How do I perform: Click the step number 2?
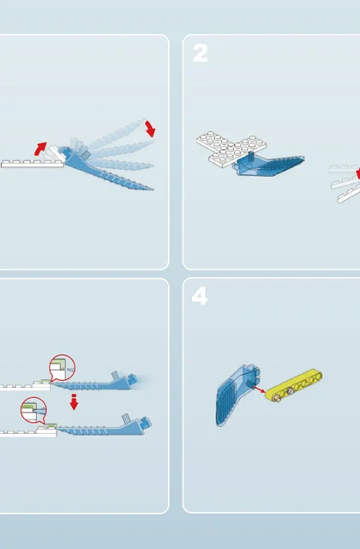200,53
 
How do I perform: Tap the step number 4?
200,296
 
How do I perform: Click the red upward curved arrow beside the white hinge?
40,148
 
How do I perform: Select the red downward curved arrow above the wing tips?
150,129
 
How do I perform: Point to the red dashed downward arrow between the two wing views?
74,401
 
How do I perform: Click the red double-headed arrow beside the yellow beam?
259,389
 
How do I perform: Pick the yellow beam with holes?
294,385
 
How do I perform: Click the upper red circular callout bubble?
62,368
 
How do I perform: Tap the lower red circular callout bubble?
33,410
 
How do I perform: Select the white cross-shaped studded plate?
231,149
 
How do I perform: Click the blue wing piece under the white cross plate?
269,166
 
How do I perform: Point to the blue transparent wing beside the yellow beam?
237,395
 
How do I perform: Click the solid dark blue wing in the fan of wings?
109,171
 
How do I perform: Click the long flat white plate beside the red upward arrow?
33,164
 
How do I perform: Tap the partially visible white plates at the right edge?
345,184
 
